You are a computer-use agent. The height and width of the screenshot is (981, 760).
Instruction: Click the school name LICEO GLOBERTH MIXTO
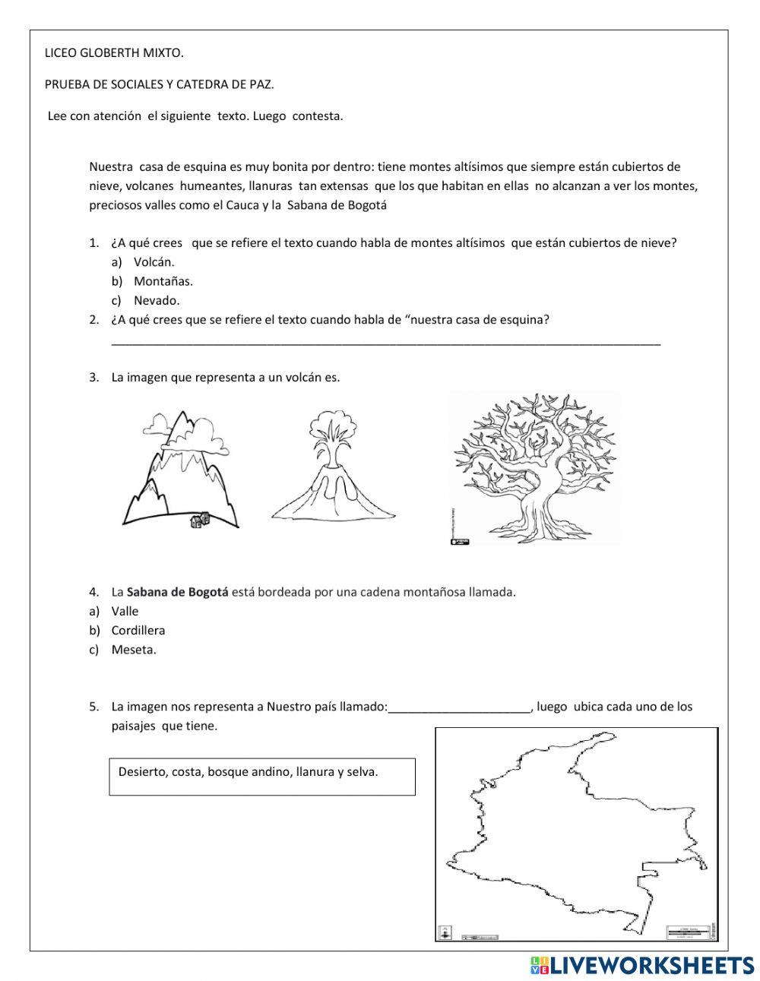115,53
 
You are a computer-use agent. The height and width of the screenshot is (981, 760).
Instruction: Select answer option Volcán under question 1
154,262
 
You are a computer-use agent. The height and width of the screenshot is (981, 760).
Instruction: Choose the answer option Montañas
163,281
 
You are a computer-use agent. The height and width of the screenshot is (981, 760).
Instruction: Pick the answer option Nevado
157,300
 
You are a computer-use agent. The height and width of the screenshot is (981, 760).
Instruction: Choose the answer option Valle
125,611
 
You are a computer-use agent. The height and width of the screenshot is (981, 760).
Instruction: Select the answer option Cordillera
138,630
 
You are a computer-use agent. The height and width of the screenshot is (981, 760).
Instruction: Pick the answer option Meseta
134,650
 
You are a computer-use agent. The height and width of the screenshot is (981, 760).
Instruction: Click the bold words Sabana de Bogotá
177,592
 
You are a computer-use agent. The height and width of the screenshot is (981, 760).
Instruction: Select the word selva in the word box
362,772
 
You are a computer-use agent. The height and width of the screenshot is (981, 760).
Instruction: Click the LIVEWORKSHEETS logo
641,965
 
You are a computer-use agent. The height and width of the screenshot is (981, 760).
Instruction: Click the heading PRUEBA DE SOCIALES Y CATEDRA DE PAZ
160,84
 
